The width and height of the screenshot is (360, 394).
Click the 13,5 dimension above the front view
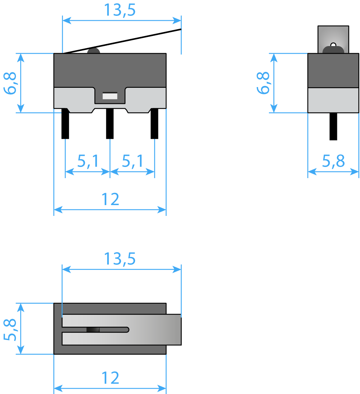pyautogui.click(x=120, y=10)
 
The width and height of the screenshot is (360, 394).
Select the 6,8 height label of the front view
pyautogui.click(x=10, y=83)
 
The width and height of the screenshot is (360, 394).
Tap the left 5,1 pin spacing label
pyautogui.click(x=88, y=161)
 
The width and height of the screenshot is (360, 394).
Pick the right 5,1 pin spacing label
pyautogui.click(x=132, y=161)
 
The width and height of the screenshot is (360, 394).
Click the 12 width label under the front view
pyautogui.click(x=110, y=199)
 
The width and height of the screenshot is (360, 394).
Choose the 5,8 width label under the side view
pyautogui.click(x=333, y=161)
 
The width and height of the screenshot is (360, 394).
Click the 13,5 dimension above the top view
pyautogui.click(x=120, y=259)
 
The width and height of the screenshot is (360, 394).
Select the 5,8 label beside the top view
pyautogui.click(x=10, y=330)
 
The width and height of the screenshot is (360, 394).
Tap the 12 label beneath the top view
pyautogui.click(x=110, y=378)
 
